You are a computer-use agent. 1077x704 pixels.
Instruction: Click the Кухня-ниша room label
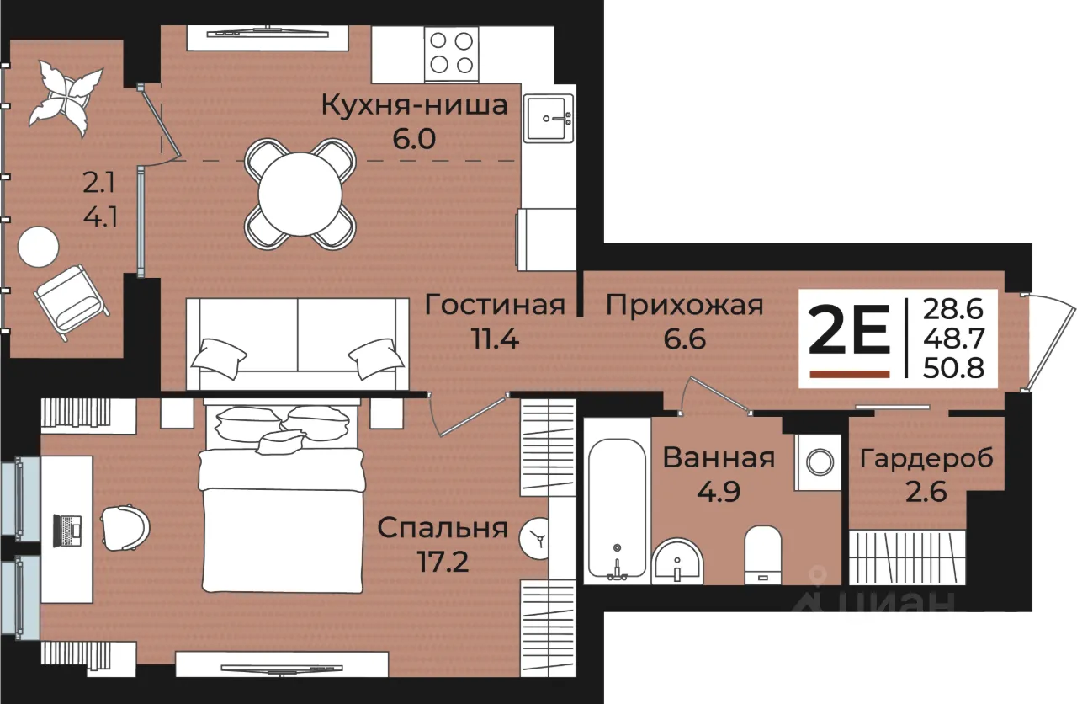coord(414,105)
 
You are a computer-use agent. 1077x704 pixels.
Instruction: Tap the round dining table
coord(300,195)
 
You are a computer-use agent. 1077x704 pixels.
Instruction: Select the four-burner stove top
coord(451,54)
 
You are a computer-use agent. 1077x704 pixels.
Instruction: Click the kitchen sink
coord(548,119)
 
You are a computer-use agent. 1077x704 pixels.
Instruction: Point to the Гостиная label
coord(495,305)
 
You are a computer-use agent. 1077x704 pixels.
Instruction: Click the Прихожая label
coord(685,305)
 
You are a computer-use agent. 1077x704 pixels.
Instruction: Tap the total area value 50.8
coord(953,368)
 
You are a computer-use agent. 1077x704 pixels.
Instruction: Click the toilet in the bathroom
coord(762,555)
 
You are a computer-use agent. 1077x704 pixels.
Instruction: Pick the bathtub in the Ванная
coord(618,509)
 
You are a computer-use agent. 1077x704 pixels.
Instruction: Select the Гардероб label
coord(926,459)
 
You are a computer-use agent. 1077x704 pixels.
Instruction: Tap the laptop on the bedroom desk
coord(66,531)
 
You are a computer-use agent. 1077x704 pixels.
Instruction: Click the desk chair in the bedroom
coord(125,527)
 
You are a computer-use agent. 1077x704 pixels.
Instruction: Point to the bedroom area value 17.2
coord(443,562)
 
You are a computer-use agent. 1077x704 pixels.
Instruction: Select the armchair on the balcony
coord(72,302)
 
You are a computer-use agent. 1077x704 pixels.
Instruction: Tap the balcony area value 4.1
coord(100,217)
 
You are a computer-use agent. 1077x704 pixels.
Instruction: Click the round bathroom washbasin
coord(677,562)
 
